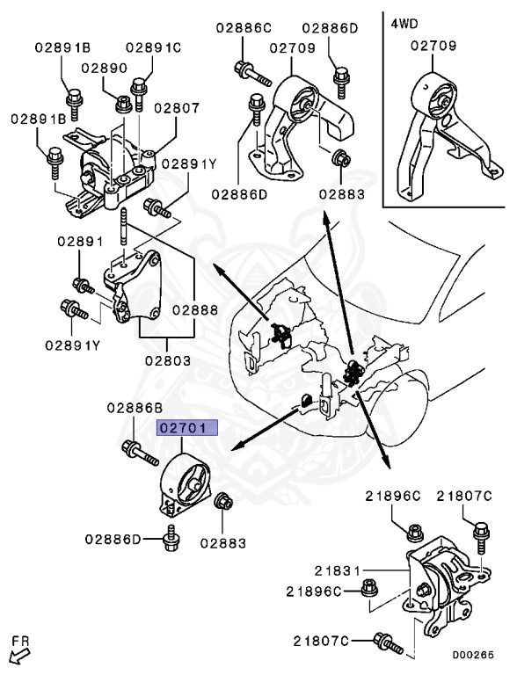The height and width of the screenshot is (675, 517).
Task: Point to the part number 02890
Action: point(106,67)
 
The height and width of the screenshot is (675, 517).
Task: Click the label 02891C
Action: point(153,47)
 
